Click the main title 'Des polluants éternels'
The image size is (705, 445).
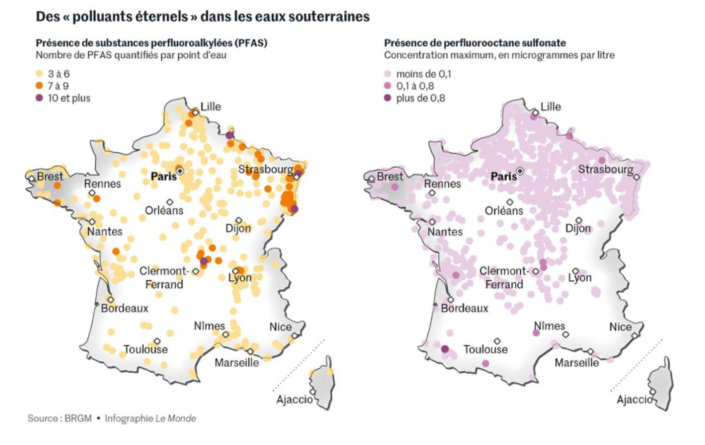coord(202,17)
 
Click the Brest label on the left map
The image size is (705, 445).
coord(50,176)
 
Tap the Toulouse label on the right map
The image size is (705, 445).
coord(485,349)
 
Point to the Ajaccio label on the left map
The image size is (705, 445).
coord(294,399)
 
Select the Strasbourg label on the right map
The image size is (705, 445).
coord(606,169)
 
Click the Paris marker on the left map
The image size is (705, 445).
coord(180,171)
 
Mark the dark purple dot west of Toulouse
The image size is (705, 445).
coord(445,349)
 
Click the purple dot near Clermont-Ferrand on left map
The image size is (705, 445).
coord(204,261)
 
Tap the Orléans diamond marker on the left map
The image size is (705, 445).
coord(170,202)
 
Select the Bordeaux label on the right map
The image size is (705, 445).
coord(464,308)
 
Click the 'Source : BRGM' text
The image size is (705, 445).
coord(59,419)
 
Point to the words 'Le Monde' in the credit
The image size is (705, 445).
coord(176,419)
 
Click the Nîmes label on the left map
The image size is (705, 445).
coord(209,326)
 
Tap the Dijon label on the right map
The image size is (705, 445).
coord(578,228)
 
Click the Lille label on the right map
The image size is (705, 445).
coord(551,107)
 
